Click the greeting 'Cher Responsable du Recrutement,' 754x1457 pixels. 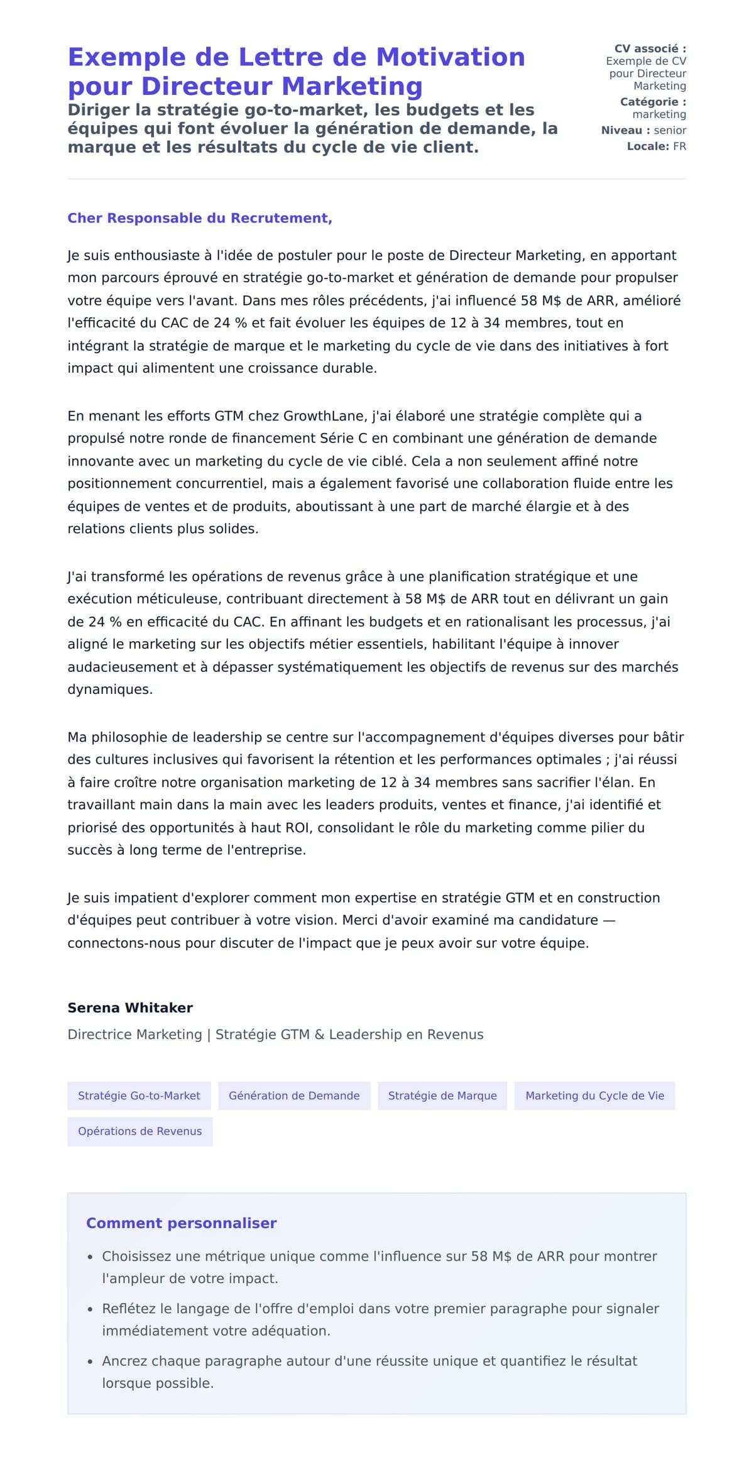click(x=200, y=218)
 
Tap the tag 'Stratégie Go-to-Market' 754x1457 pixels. click(x=139, y=1096)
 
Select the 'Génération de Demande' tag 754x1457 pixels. click(x=294, y=1096)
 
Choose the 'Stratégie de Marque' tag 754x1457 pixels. click(x=442, y=1096)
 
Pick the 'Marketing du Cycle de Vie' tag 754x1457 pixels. click(x=594, y=1096)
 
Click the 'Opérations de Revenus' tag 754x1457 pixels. click(x=139, y=1131)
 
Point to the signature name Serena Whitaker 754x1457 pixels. click(x=130, y=1008)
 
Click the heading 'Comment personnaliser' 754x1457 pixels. click(x=181, y=1223)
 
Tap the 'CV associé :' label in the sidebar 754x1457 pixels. click(x=650, y=48)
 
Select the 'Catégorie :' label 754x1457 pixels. click(x=653, y=102)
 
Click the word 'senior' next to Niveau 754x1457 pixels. click(x=670, y=130)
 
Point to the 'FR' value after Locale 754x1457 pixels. click(x=679, y=146)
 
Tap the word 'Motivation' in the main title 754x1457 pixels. click(x=450, y=57)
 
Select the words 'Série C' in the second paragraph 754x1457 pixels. click(x=343, y=438)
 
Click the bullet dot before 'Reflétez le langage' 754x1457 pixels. click(x=90, y=1309)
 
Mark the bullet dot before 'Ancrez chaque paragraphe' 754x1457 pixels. click(x=90, y=1361)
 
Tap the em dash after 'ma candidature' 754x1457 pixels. click(x=608, y=920)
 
